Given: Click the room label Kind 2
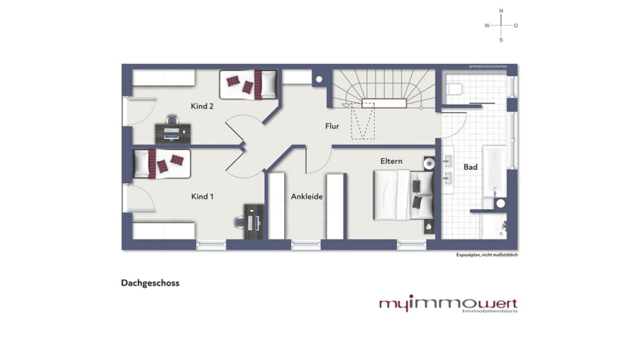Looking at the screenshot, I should (202, 107).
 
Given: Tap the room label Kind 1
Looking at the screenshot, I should (202, 196).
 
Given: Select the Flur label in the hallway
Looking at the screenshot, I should (332, 126).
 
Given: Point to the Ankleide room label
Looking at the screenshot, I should (307, 197).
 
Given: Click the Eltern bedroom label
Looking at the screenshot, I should (391, 161).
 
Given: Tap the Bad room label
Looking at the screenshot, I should (471, 168).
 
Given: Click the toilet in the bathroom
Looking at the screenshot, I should (455, 89).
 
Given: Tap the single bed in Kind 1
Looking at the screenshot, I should (161, 163).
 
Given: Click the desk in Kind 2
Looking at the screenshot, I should (173, 133).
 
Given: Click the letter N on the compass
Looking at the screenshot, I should (501, 11).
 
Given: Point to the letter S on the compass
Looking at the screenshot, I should (501, 40).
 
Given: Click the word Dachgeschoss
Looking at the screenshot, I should (150, 283).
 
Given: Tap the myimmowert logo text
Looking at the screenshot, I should (447, 302).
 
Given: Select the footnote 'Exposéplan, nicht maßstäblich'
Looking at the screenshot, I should (486, 255).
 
